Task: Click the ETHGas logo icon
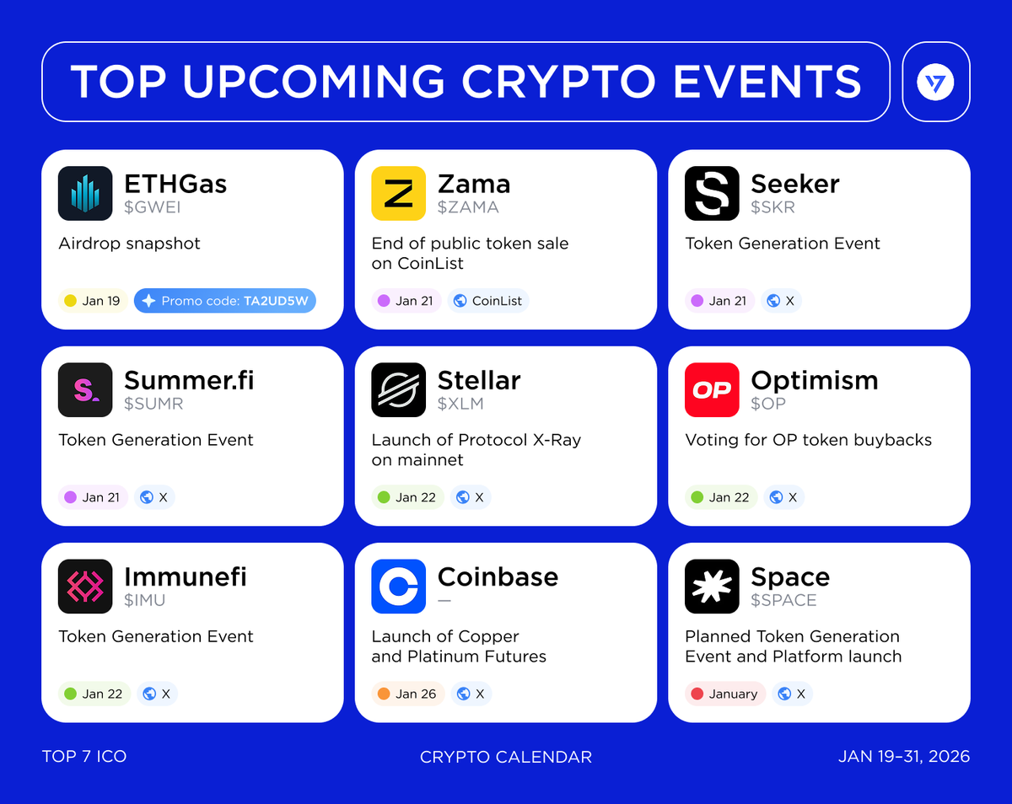coord(85,193)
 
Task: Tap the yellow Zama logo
coord(399,193)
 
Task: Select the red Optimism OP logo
coord(712,389)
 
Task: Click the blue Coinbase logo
coord(399,586)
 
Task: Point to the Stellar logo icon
coord(399,389)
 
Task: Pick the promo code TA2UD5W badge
coord(225,301)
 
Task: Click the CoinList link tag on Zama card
coord(488,301)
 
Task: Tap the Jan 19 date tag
coord(92,301)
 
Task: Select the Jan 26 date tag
coord(407,694)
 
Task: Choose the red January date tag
coord(724,694)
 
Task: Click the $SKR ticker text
coord(772,207)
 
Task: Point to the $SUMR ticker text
coord(153,404)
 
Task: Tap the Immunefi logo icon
coord(85,586)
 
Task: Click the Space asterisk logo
coord(712,586)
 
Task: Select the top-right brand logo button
coord(935,82)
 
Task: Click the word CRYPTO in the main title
coord(557,82)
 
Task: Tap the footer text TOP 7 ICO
coord(84,756)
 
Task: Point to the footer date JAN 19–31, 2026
coord(903,756)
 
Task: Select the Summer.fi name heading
coord(189,381)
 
